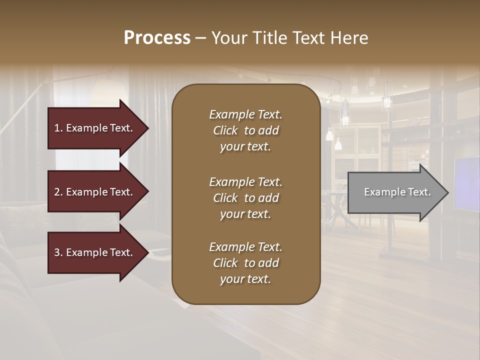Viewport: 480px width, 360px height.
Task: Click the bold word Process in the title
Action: tap(157, 38)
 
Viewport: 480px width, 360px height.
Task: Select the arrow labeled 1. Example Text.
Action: tap(95, 128)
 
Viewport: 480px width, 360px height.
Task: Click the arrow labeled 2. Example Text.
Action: tap(95, 192)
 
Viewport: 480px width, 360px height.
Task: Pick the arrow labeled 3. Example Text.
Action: tap(95, 252)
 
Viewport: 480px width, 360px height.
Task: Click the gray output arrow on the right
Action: tap(395, 192)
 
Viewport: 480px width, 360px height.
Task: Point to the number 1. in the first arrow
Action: tap(58, 128)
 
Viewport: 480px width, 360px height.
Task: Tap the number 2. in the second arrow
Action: tap(58, 192)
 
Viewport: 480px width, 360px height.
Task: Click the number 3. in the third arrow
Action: tap(58, 252)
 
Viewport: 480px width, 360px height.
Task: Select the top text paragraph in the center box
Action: tap(245, 130)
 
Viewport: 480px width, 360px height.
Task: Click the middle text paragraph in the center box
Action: tap(245, 198)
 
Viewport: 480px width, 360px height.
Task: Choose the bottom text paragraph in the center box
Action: tap(245, 263)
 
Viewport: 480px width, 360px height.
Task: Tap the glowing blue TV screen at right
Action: tap(467, 183)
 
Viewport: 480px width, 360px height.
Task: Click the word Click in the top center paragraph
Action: tap(225, 130)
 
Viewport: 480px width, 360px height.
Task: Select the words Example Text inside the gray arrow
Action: tap(397, 192)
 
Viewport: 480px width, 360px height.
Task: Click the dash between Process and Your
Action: tap(200, 38)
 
